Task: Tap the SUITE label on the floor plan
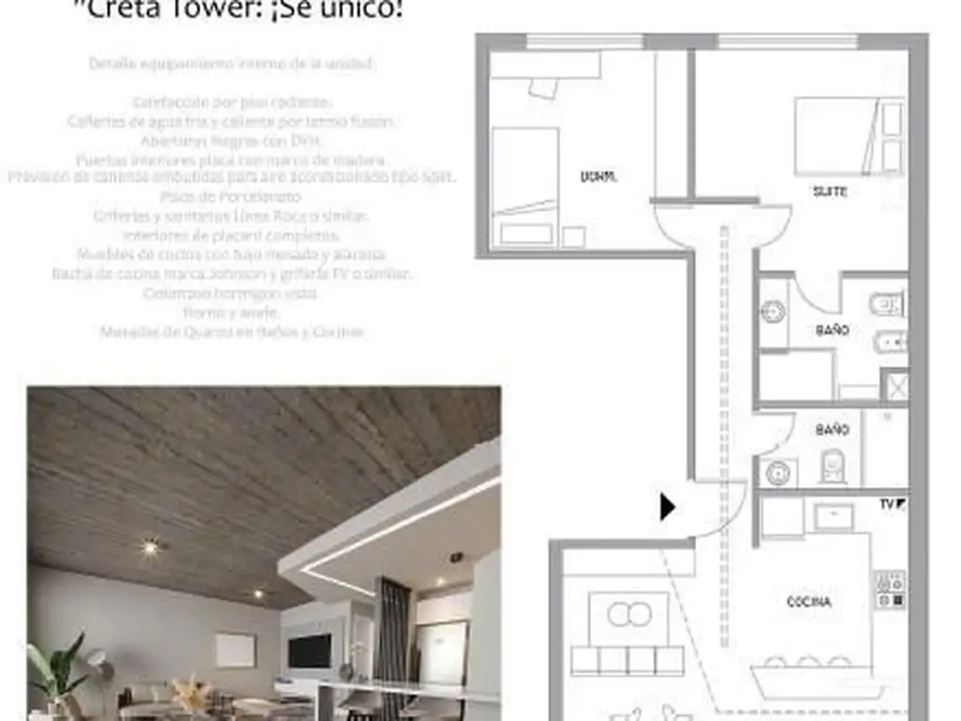[x=830, y=192]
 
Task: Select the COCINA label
[x=808, y=602]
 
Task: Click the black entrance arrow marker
[x=667, y=507]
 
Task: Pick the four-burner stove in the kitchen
[x=891, y=590]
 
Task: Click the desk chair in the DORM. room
[x=542, y=87]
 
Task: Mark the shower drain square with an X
[x=895, y=387]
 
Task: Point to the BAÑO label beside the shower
[x=831, y=330]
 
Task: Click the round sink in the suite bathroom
[x=772, y=313]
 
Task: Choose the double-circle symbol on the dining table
[x=629, y=615]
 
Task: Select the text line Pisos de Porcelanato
[x=231, y=197]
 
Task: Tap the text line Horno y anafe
[x=231, y=313]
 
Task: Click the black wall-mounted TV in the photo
[x=310, y=651]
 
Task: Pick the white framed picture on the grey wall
[x=235, y=650]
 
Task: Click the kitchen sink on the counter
[x=833, y=515]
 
